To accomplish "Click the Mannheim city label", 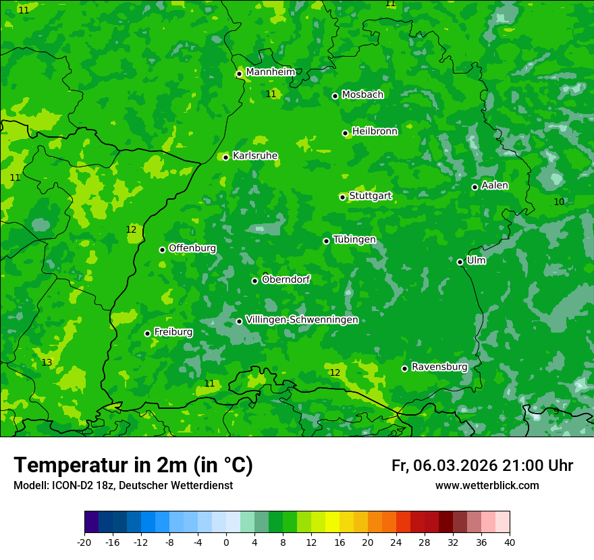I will click(x=270, y=72).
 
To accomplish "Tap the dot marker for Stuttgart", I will click(x=343, y=197).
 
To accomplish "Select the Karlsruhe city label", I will click(x=254, y=156).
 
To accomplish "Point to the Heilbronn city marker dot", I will click(x=346, y=133).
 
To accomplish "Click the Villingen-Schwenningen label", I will click(x=302, y=320).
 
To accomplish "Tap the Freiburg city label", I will click(x=173, y=332).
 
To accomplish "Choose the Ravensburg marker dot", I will click(x=405, y=368).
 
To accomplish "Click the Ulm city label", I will click(x=476, y=260).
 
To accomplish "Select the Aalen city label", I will click(x=494, y=186).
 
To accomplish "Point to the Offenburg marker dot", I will click(x=163, y=250).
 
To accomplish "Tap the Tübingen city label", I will click(x=354, y=240).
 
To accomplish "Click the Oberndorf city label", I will click(x=286, y=279).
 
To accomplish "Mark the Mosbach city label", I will click(x=362, y=95).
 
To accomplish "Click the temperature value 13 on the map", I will click(x=47, y=363).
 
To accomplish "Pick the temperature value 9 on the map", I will click(x=556, y=411).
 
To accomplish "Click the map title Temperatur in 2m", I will click(x=133, y=466).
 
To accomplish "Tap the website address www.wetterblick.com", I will click(x=487, y=486).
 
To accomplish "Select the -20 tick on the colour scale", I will click(x=84, y=542).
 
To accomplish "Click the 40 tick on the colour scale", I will click(x=510, y=542).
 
